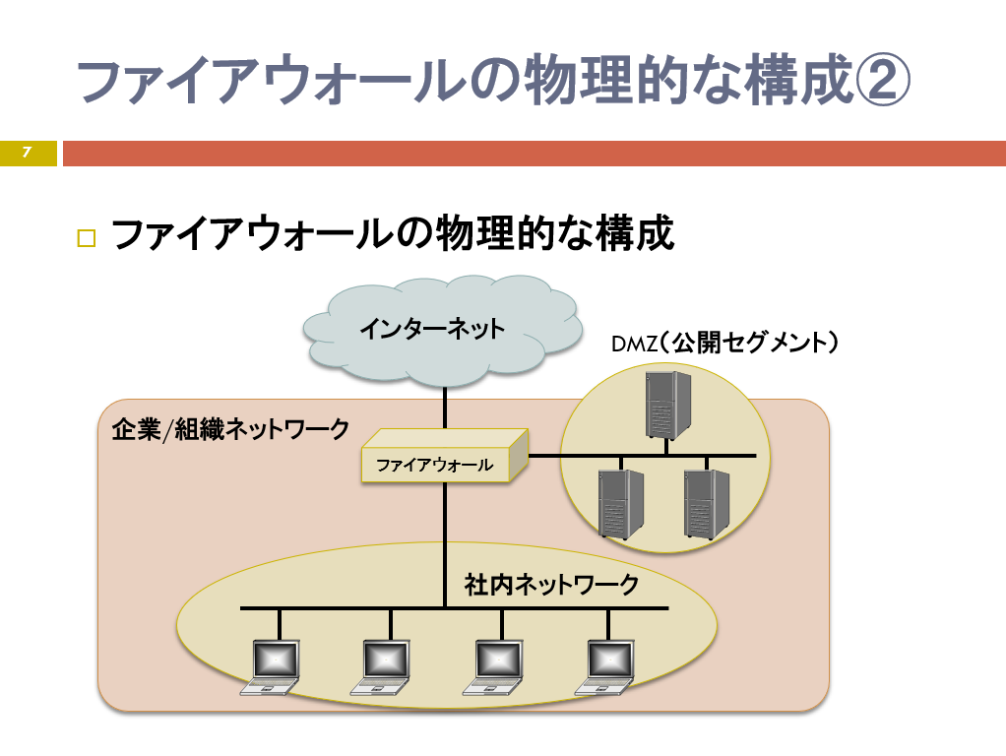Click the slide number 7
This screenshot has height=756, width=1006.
(27, 153)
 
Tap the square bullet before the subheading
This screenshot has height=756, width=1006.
(86, 237)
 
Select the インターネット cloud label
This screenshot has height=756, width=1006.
(432, 329)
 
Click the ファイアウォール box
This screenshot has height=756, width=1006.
(444, 456)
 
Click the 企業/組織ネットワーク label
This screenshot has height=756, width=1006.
(230, 429)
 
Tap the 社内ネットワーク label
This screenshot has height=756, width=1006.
(551, 585)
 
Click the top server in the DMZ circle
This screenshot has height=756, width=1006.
(667, 405)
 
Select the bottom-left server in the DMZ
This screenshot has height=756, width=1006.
(620, 504)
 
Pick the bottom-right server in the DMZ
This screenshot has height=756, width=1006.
(707, 504)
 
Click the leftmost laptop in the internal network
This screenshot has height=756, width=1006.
(272, 667)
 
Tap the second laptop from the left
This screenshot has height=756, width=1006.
(382, 667)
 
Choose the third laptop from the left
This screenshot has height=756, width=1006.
(494, 667)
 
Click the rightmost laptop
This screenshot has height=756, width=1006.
(605, 667)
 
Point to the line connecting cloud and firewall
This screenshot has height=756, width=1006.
(445, 409)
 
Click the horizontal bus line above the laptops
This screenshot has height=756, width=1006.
(454, 607)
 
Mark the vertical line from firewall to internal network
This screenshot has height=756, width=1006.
(445, 544)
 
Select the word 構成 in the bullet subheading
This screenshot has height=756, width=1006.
(635, 233)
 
